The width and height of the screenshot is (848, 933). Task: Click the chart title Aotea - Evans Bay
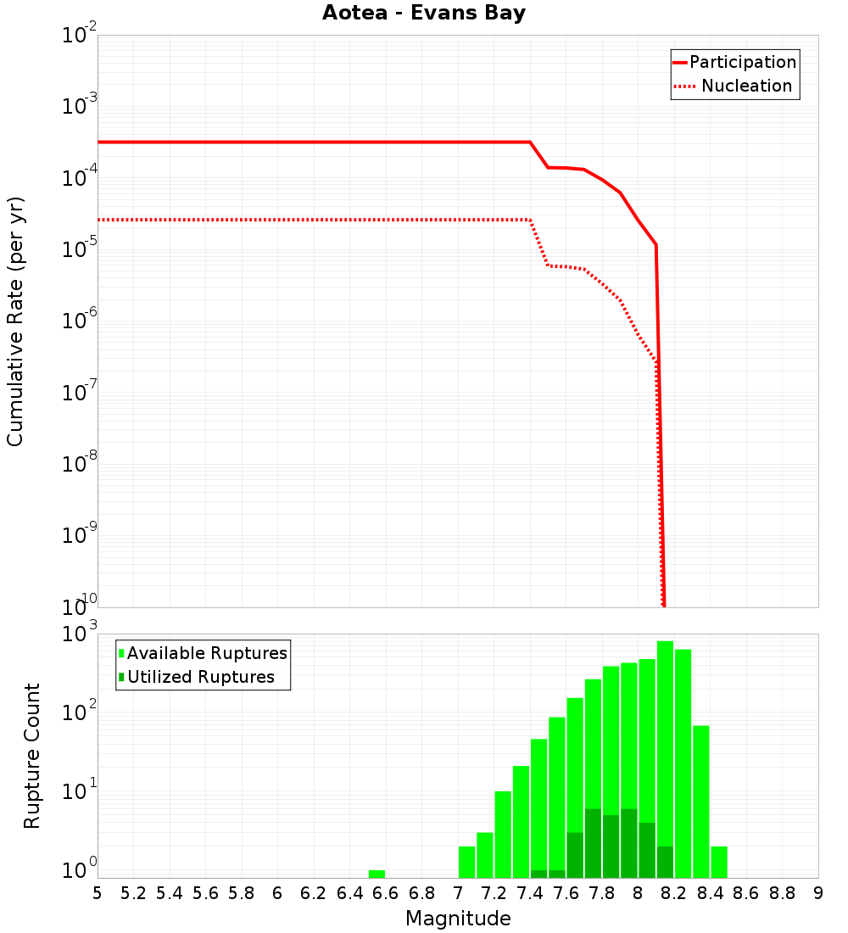424,14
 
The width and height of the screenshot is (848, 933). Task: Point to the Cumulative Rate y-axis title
15,321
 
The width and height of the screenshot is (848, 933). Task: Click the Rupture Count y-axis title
32,755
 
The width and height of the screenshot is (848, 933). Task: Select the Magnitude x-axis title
458,919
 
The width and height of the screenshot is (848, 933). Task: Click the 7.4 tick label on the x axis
530,893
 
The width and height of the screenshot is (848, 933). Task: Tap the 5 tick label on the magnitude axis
98,893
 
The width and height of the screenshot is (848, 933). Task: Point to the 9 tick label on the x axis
817,893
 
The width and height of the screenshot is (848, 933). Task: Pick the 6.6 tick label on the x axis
386,893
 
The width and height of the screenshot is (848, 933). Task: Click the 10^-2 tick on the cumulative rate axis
80,36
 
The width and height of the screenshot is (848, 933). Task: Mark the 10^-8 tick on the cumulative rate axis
80,464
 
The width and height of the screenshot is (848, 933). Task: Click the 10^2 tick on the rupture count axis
80,712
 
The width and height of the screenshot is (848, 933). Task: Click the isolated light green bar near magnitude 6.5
377,874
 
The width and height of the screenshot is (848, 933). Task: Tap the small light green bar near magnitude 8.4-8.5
719,862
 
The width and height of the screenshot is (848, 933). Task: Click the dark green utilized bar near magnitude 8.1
665,862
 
